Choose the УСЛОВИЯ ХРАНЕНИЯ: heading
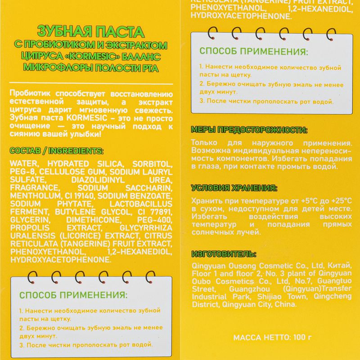coord(234,188)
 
